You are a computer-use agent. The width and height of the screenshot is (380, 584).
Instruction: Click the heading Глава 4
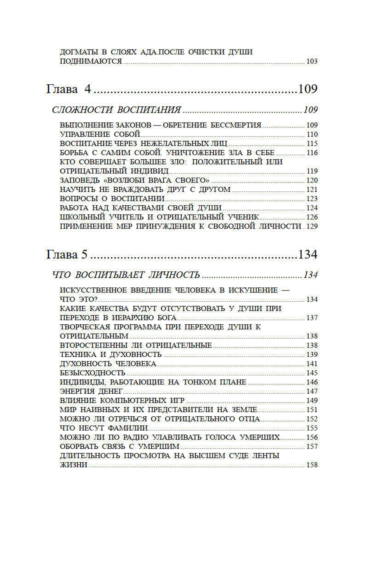[69, 89]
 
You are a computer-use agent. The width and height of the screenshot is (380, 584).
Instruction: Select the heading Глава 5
[67, 254]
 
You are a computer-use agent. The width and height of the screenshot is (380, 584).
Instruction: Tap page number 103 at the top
[312, 61]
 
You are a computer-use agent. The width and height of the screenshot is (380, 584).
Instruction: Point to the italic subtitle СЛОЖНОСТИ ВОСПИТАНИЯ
[116, 110]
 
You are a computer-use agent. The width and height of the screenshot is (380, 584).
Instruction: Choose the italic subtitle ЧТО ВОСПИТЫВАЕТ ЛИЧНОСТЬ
[126, 275]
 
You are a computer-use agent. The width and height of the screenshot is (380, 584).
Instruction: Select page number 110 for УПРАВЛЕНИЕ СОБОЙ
[312, 134]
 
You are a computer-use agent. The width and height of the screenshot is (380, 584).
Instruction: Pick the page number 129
[312, 226]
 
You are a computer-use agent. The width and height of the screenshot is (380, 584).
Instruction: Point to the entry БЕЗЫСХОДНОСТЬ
[92, 373]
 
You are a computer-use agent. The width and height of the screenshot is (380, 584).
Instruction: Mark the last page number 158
[312, 465]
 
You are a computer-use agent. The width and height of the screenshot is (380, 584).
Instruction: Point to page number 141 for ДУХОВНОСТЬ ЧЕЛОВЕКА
[312, 364]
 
